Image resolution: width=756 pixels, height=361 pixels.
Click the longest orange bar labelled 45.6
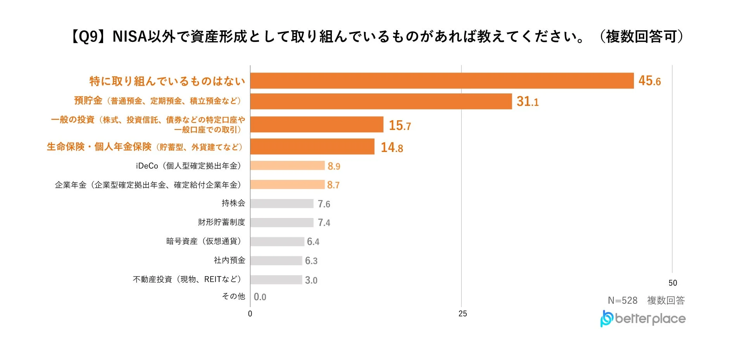click(442, 81)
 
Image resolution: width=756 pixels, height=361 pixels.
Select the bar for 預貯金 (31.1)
click(381, 101)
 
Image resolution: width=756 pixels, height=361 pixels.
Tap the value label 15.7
click(399, 125)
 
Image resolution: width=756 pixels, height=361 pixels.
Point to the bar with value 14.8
click(312, 147)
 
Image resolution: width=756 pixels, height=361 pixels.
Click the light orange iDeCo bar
click(287, 166)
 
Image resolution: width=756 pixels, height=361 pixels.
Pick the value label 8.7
click(333, 185)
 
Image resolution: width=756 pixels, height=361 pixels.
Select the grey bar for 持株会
click(282, 204)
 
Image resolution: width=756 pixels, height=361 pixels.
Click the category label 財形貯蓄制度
click(221, 222)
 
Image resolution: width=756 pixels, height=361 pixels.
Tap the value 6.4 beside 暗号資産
click(313, 242)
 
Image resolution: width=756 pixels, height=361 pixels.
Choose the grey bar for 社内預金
click(276, 261)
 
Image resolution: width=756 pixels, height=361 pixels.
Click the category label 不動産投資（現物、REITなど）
click(188, 279)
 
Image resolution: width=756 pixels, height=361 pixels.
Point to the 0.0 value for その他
click(260, 297)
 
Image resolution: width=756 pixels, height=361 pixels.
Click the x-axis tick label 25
click(463, 314)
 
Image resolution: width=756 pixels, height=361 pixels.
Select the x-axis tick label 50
click(673, 283)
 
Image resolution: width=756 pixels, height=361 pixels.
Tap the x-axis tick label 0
click(250, 314)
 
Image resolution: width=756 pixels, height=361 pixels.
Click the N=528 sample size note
click(622, 301)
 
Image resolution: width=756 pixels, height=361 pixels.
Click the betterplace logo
click(643, 319)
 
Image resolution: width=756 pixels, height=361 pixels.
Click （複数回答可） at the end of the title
click(641, 37)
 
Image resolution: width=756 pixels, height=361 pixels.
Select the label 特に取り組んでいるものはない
click(167, 81)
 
